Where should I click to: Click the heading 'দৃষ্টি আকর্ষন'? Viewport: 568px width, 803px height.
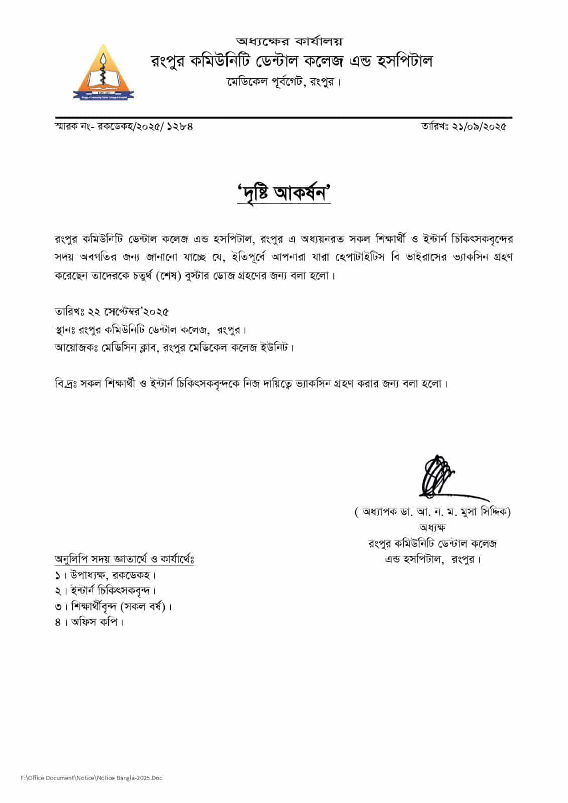click(284, 193)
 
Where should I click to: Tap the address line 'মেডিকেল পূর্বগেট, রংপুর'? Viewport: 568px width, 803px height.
click(283, 82)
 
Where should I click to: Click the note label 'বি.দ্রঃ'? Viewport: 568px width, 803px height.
click(67, 384)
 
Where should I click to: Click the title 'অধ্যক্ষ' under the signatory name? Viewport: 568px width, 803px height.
click(432, 527)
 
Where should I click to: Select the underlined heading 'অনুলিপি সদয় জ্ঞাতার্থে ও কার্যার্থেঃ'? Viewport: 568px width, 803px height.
click(125, 559)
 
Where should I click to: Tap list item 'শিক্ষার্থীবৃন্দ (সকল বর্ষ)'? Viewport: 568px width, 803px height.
click(119, 606)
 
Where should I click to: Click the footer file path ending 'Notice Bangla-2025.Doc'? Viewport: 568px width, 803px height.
click(91, 778)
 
